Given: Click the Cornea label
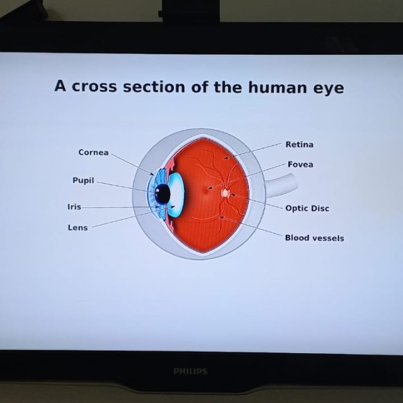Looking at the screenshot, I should (93, 152).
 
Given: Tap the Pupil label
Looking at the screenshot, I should (83, 180).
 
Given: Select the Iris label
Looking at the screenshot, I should (74, 207).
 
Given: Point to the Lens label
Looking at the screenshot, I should (77, 227).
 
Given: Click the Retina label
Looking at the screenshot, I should (299, 144).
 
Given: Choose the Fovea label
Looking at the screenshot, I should (300, 164).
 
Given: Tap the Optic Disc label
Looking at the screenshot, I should (307, 208).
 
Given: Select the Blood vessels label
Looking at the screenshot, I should (314, 237).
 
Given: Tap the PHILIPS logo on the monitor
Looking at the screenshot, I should (190, 372).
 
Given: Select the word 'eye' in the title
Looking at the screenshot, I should (329, 88).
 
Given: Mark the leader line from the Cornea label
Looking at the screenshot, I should (132, 163).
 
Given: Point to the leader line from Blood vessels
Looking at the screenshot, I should (252, 227).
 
